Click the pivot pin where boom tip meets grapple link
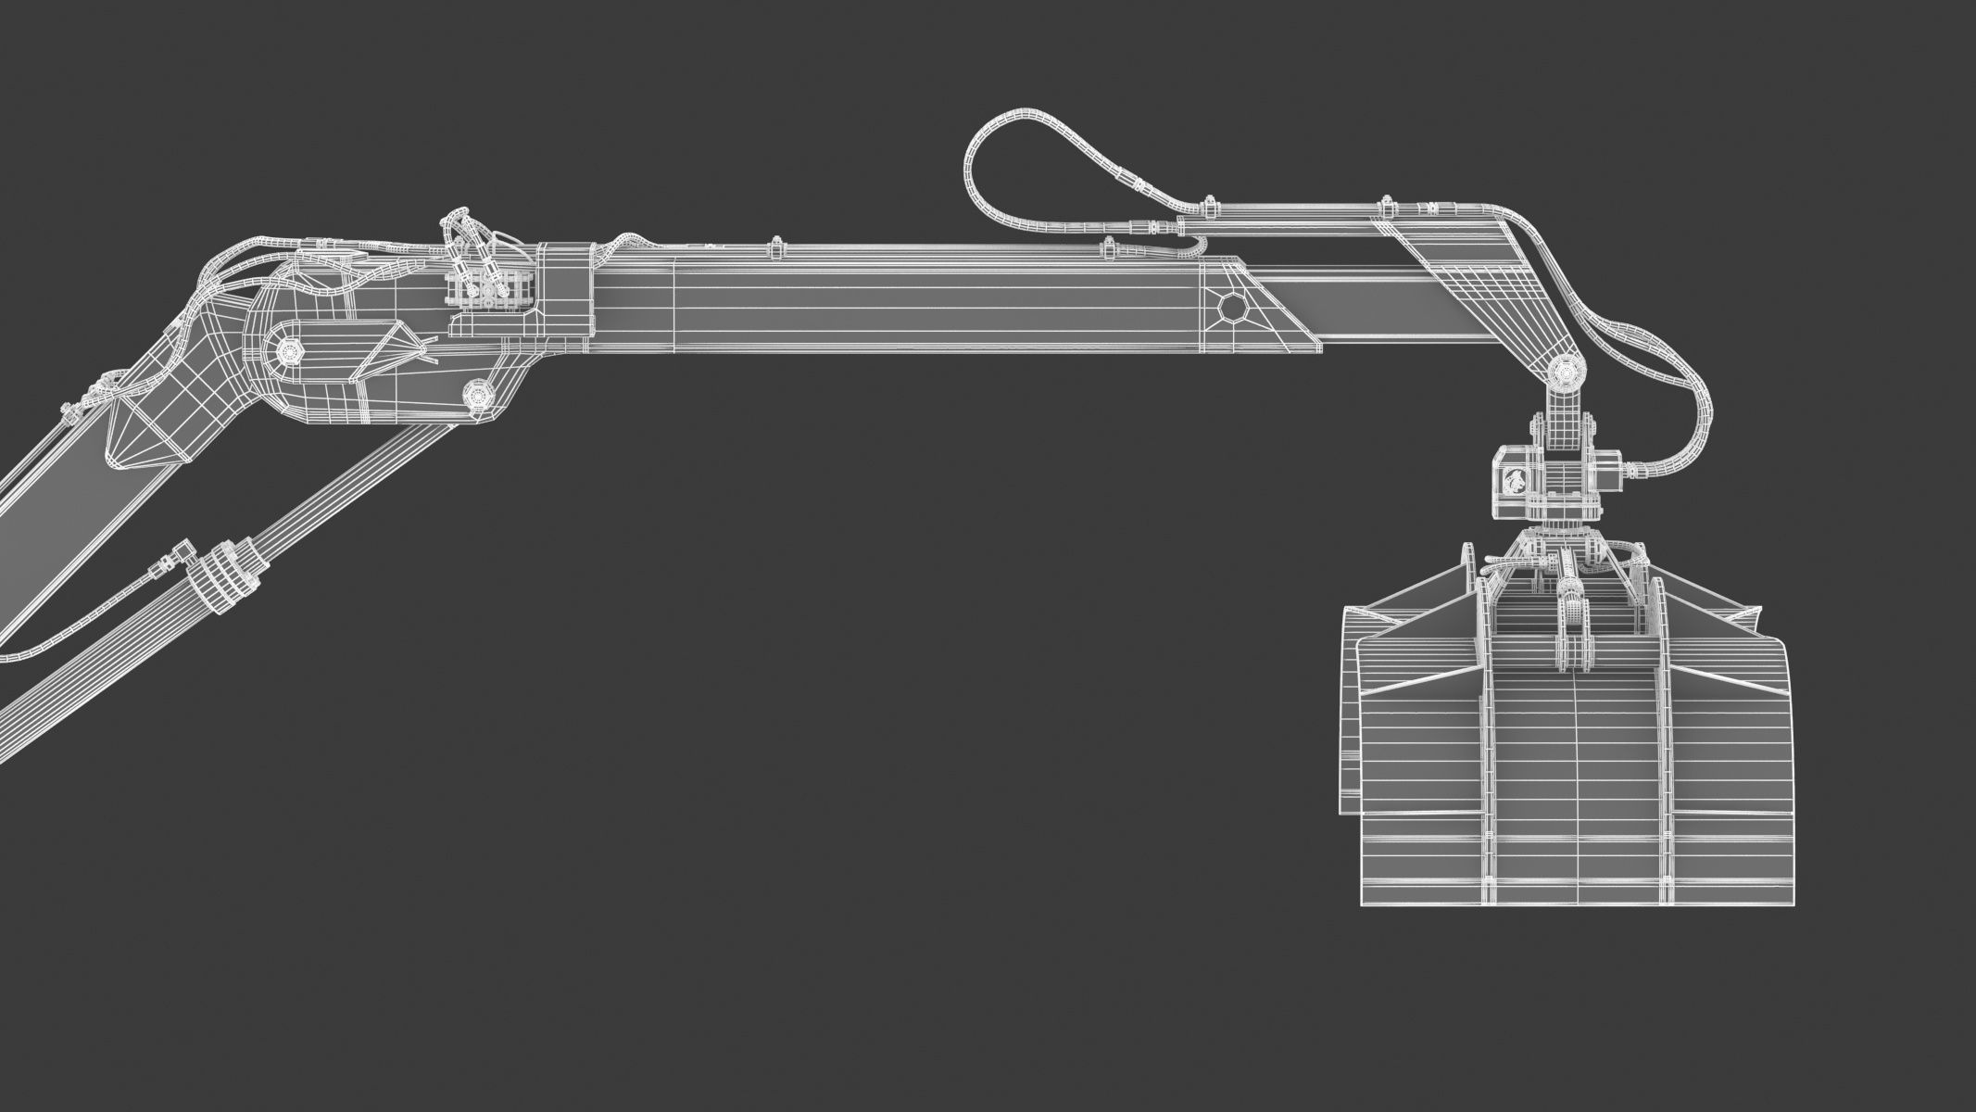1565,373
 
